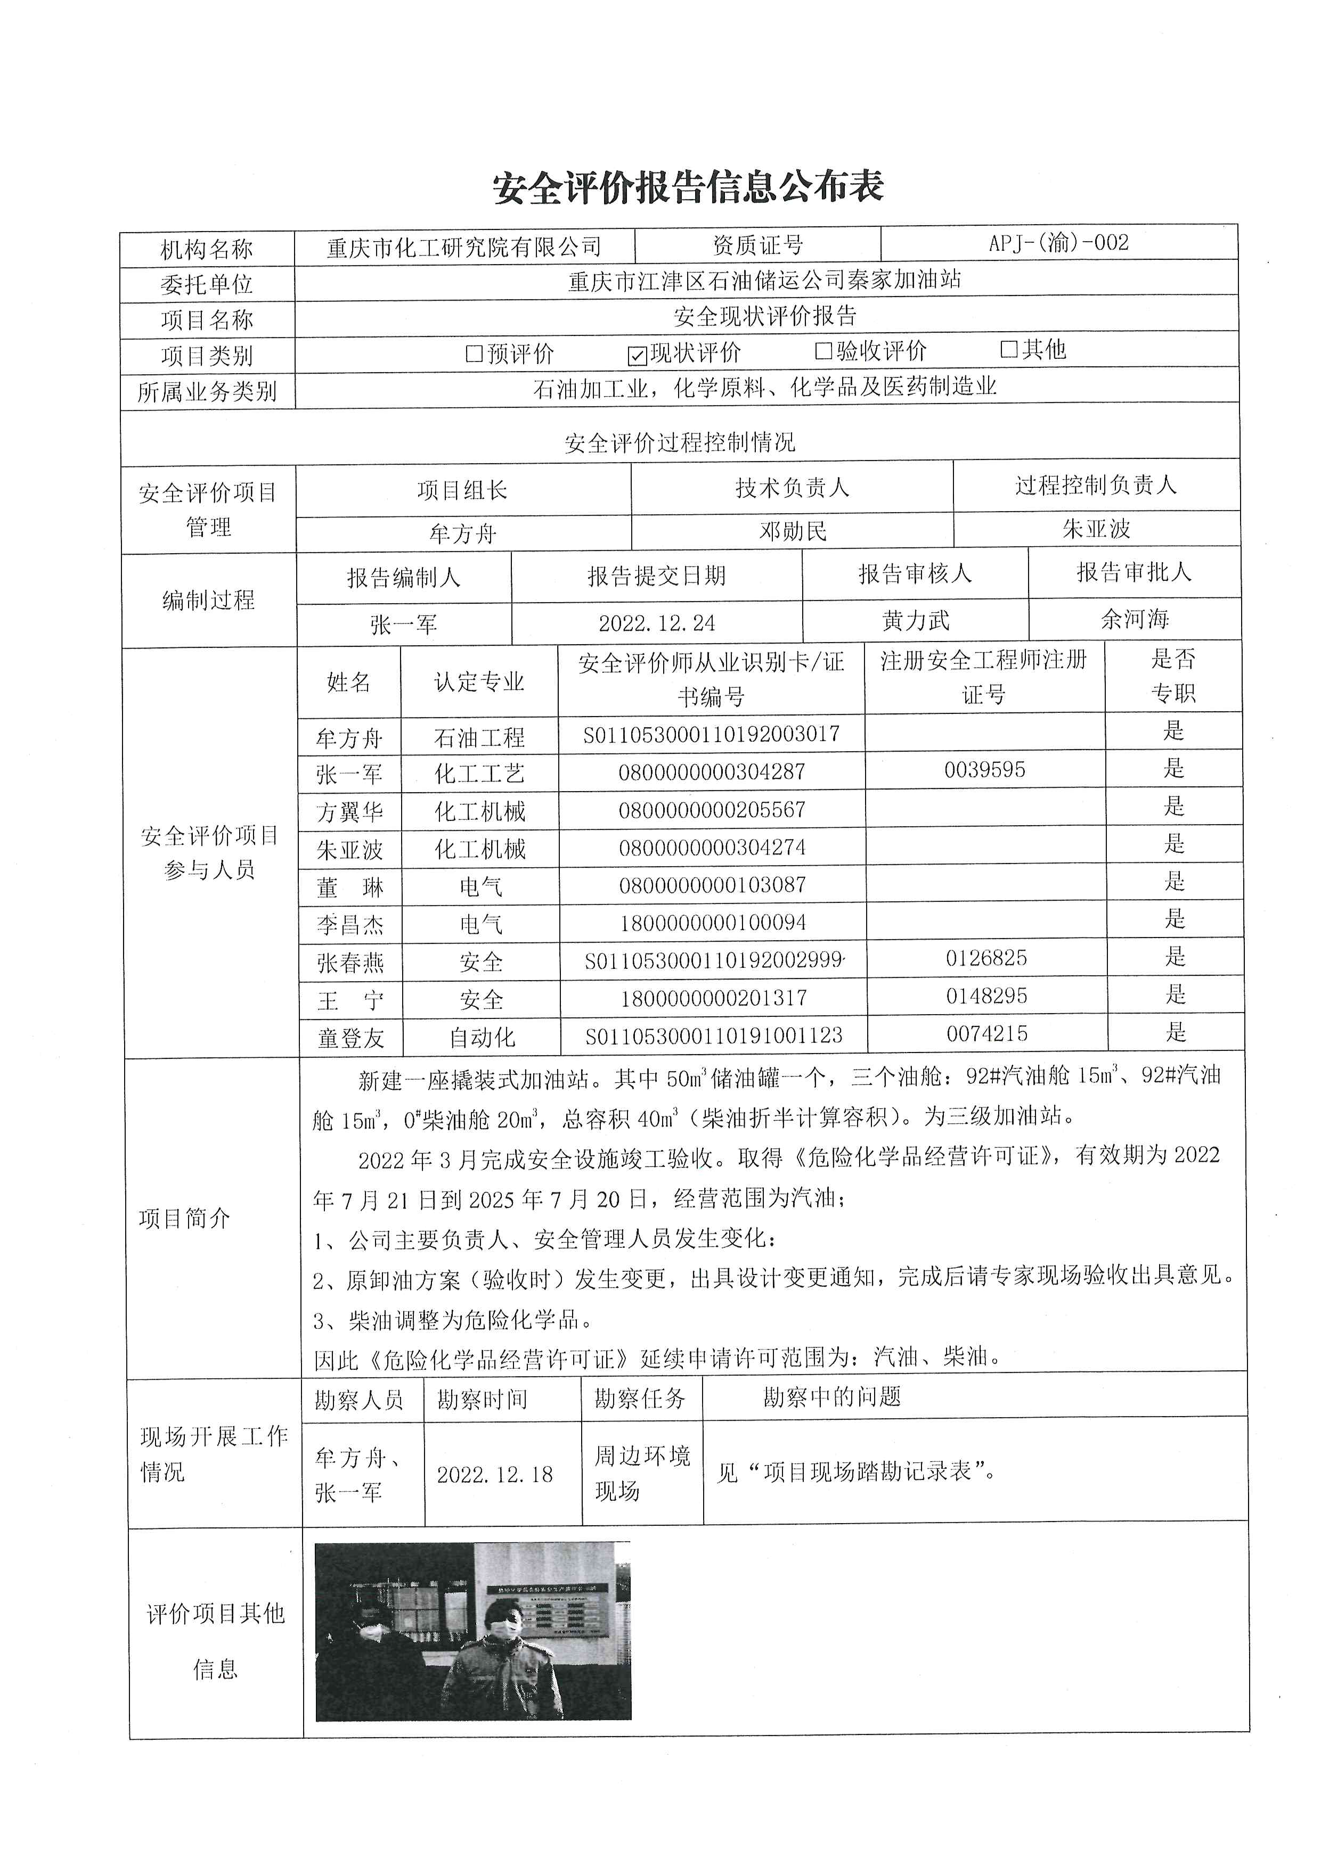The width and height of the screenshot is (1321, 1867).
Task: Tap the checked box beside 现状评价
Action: (x=638, y=355)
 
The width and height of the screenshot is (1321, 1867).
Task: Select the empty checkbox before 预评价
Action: (x=474, y=353)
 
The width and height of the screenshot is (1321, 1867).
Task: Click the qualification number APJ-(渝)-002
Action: (x=1058, y=243)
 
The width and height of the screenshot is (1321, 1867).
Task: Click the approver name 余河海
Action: (x=1134, y=620)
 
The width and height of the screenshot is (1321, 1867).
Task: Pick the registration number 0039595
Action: (x=984, y=770)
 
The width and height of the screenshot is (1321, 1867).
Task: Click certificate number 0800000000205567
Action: (x=712, y=810)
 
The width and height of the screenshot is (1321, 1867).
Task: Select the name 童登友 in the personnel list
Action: (x=350, y=1039)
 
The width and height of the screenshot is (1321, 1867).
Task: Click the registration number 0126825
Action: (x=986, y=958)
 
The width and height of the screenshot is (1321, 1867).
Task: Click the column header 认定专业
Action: (x=479, y=681)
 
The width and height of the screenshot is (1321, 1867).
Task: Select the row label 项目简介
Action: (x=185, y=1218)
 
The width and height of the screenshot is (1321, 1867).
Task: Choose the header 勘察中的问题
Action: (x=831, y=1397)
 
